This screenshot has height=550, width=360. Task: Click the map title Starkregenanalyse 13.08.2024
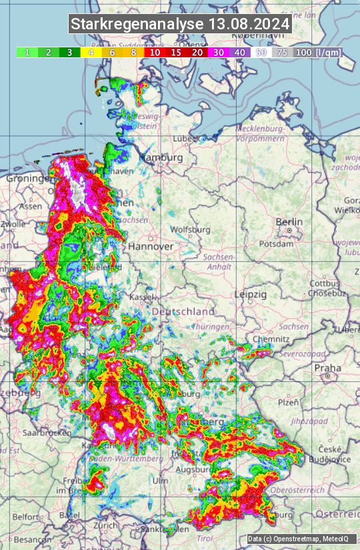180,25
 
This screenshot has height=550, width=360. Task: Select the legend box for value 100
303,52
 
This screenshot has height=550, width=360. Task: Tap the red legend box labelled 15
176,52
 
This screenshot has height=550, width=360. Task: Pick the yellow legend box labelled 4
91,52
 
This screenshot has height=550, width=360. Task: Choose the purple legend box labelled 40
239,52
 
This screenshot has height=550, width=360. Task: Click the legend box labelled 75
282,52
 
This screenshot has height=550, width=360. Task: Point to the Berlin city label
289,222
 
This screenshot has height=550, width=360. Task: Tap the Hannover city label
151,246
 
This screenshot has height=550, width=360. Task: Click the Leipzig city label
251,294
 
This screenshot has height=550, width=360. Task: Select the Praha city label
327,367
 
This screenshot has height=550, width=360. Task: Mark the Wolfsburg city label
191,230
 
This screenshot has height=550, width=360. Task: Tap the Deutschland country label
183,311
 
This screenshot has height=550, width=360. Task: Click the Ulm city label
161,481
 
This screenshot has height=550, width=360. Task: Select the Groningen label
28,179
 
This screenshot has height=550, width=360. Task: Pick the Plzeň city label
288,402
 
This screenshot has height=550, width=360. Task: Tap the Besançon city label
33,539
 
